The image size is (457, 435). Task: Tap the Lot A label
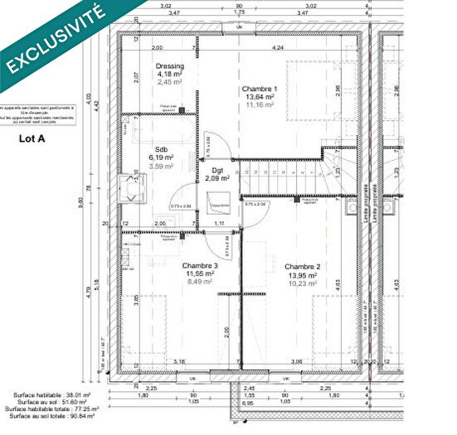[x=32, y=139]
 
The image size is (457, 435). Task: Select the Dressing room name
[x=169, y=66]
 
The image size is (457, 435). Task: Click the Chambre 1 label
[x=260, y=89]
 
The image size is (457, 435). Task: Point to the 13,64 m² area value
[x=260, y=97]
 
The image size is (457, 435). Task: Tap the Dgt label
[x=217, y=170]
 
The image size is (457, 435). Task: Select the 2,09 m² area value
[x=217, y=178]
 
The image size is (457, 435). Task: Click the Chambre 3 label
[x=199, y=265]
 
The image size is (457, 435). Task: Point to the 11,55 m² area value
[x=199, y=273]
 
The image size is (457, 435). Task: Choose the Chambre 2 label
[x=304, y=267]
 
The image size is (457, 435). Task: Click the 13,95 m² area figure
[x=304, y=275]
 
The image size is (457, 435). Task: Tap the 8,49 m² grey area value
[x=199, y=282]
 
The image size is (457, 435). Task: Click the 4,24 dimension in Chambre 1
[x=276, y=48]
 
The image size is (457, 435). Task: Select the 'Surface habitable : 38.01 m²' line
[x=51, y=395]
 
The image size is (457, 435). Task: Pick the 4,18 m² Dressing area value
[x=169, y=75]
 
